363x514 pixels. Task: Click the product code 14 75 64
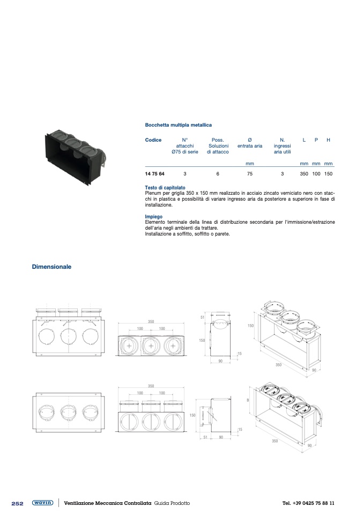click(154, 174)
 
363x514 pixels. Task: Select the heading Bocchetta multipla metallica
click(178, 125)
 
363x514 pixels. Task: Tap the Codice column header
click(153, 140)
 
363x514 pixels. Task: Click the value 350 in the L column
click(304, 174)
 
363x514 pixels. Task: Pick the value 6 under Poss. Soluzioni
click(218, 174)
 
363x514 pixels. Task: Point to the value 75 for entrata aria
click(250, 174)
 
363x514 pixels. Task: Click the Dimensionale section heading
click(51, 267)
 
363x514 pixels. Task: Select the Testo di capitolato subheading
click(165, 188)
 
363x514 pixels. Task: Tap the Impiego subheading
click(154, 217)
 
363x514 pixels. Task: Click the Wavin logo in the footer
click(42, 503)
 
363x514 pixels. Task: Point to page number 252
click(17, 503)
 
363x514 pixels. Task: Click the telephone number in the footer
click(308, 503)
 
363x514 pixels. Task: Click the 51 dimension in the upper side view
click(202, 317)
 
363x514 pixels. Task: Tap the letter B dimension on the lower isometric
click(248, 400)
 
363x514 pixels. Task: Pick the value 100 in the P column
click(316, 174)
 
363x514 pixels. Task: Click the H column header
click(328, 140)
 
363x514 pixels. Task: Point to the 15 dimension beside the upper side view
click(240, 354)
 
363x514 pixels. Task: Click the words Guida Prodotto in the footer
click(172, 503)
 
